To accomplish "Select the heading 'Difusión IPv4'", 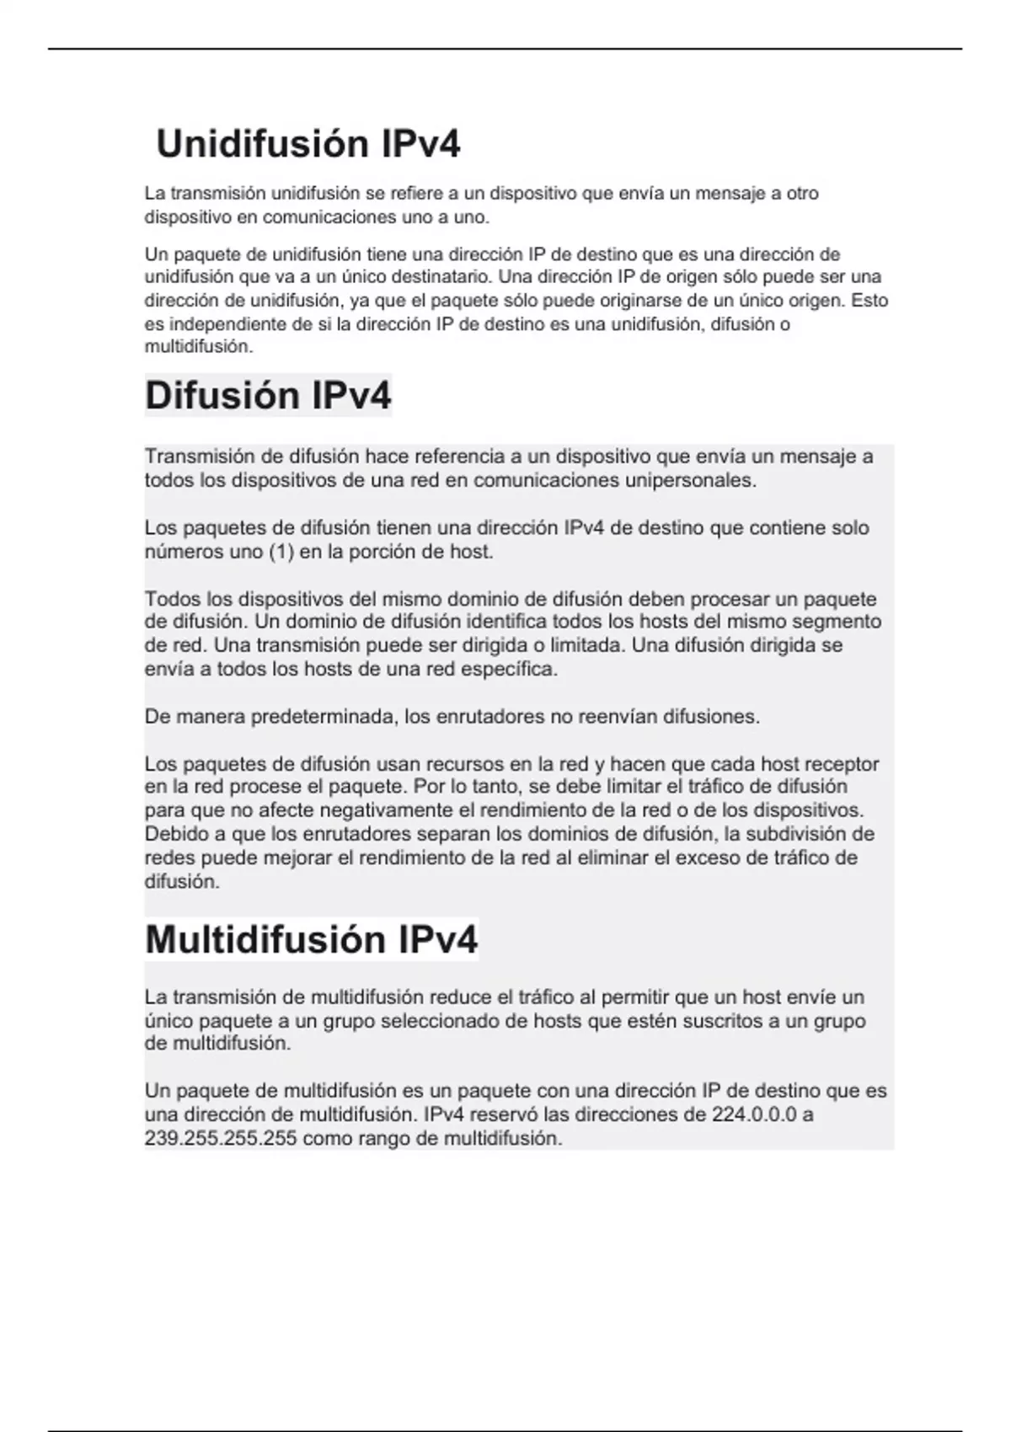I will click(x=268, y=396).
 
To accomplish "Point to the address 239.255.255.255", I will click(x=221, y=1139).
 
